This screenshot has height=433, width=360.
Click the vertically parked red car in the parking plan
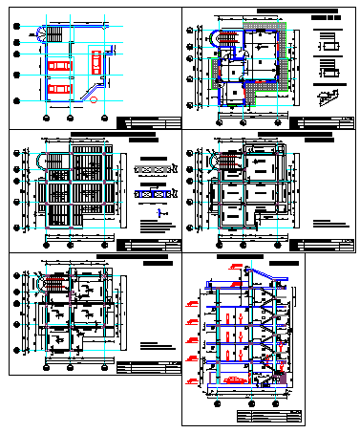click(96, 61)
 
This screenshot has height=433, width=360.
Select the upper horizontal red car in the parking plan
click(58, 65)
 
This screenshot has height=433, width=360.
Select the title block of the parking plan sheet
click(147, 123)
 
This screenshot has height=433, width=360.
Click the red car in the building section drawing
click(232, 379)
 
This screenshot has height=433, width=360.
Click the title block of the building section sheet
click(267, 413)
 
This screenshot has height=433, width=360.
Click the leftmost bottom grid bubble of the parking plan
click(43, 118)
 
